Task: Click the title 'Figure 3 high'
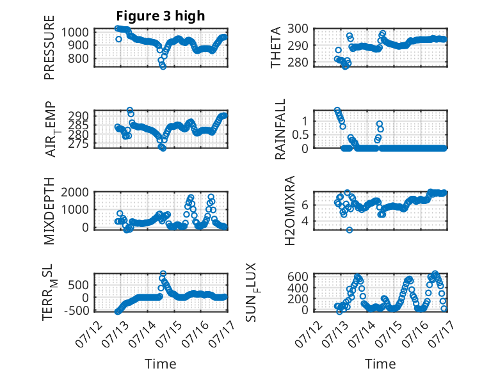(161, 16)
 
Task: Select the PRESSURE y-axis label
(49, 47)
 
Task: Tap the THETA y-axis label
(276, 47)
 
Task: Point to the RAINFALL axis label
(280, 129)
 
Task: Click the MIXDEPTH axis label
(49, 211)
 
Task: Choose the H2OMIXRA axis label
(290, 210)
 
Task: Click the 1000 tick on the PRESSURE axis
(75, 32)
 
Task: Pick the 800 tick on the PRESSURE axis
(79, 58)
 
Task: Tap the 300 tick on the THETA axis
(298, 29)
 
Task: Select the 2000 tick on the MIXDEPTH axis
(75, 192)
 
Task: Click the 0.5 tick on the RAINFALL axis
(300, 134)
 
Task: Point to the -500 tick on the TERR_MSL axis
(77, 310)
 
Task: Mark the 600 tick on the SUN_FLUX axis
(298, 276)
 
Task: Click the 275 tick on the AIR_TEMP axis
(79, 144)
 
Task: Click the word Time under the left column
(161, 364)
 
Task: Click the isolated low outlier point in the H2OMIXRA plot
(349, 230)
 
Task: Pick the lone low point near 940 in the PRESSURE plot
(118, 39)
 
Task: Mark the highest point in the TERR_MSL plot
(163, 273)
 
